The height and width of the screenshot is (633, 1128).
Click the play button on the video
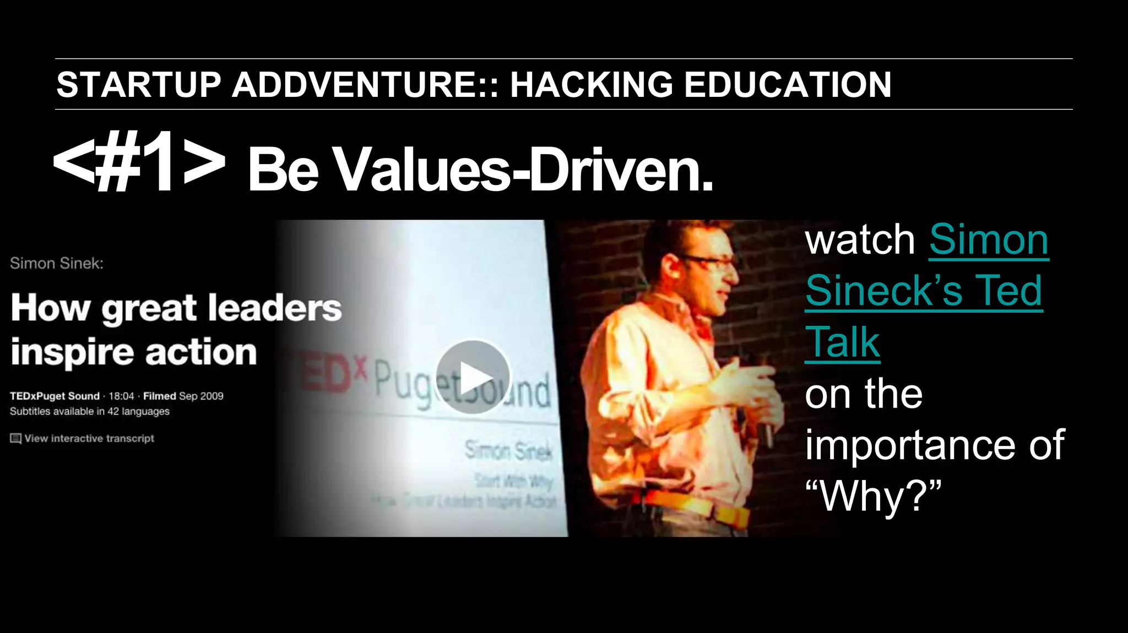[x=473, y=377]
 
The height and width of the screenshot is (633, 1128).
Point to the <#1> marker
[x=139, y=162]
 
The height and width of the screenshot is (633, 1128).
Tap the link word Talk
[x=842, y=342]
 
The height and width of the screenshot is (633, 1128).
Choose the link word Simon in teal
[x=989, y=240]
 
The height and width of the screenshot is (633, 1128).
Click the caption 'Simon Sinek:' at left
[x=56, y=264]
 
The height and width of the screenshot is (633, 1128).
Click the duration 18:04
[x=121, y=396]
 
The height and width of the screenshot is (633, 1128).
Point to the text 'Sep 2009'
[x=201, y=396]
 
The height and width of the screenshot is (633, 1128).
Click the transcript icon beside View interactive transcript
[x=15, y=439]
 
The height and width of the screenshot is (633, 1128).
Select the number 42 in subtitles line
[x=113, y=412]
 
